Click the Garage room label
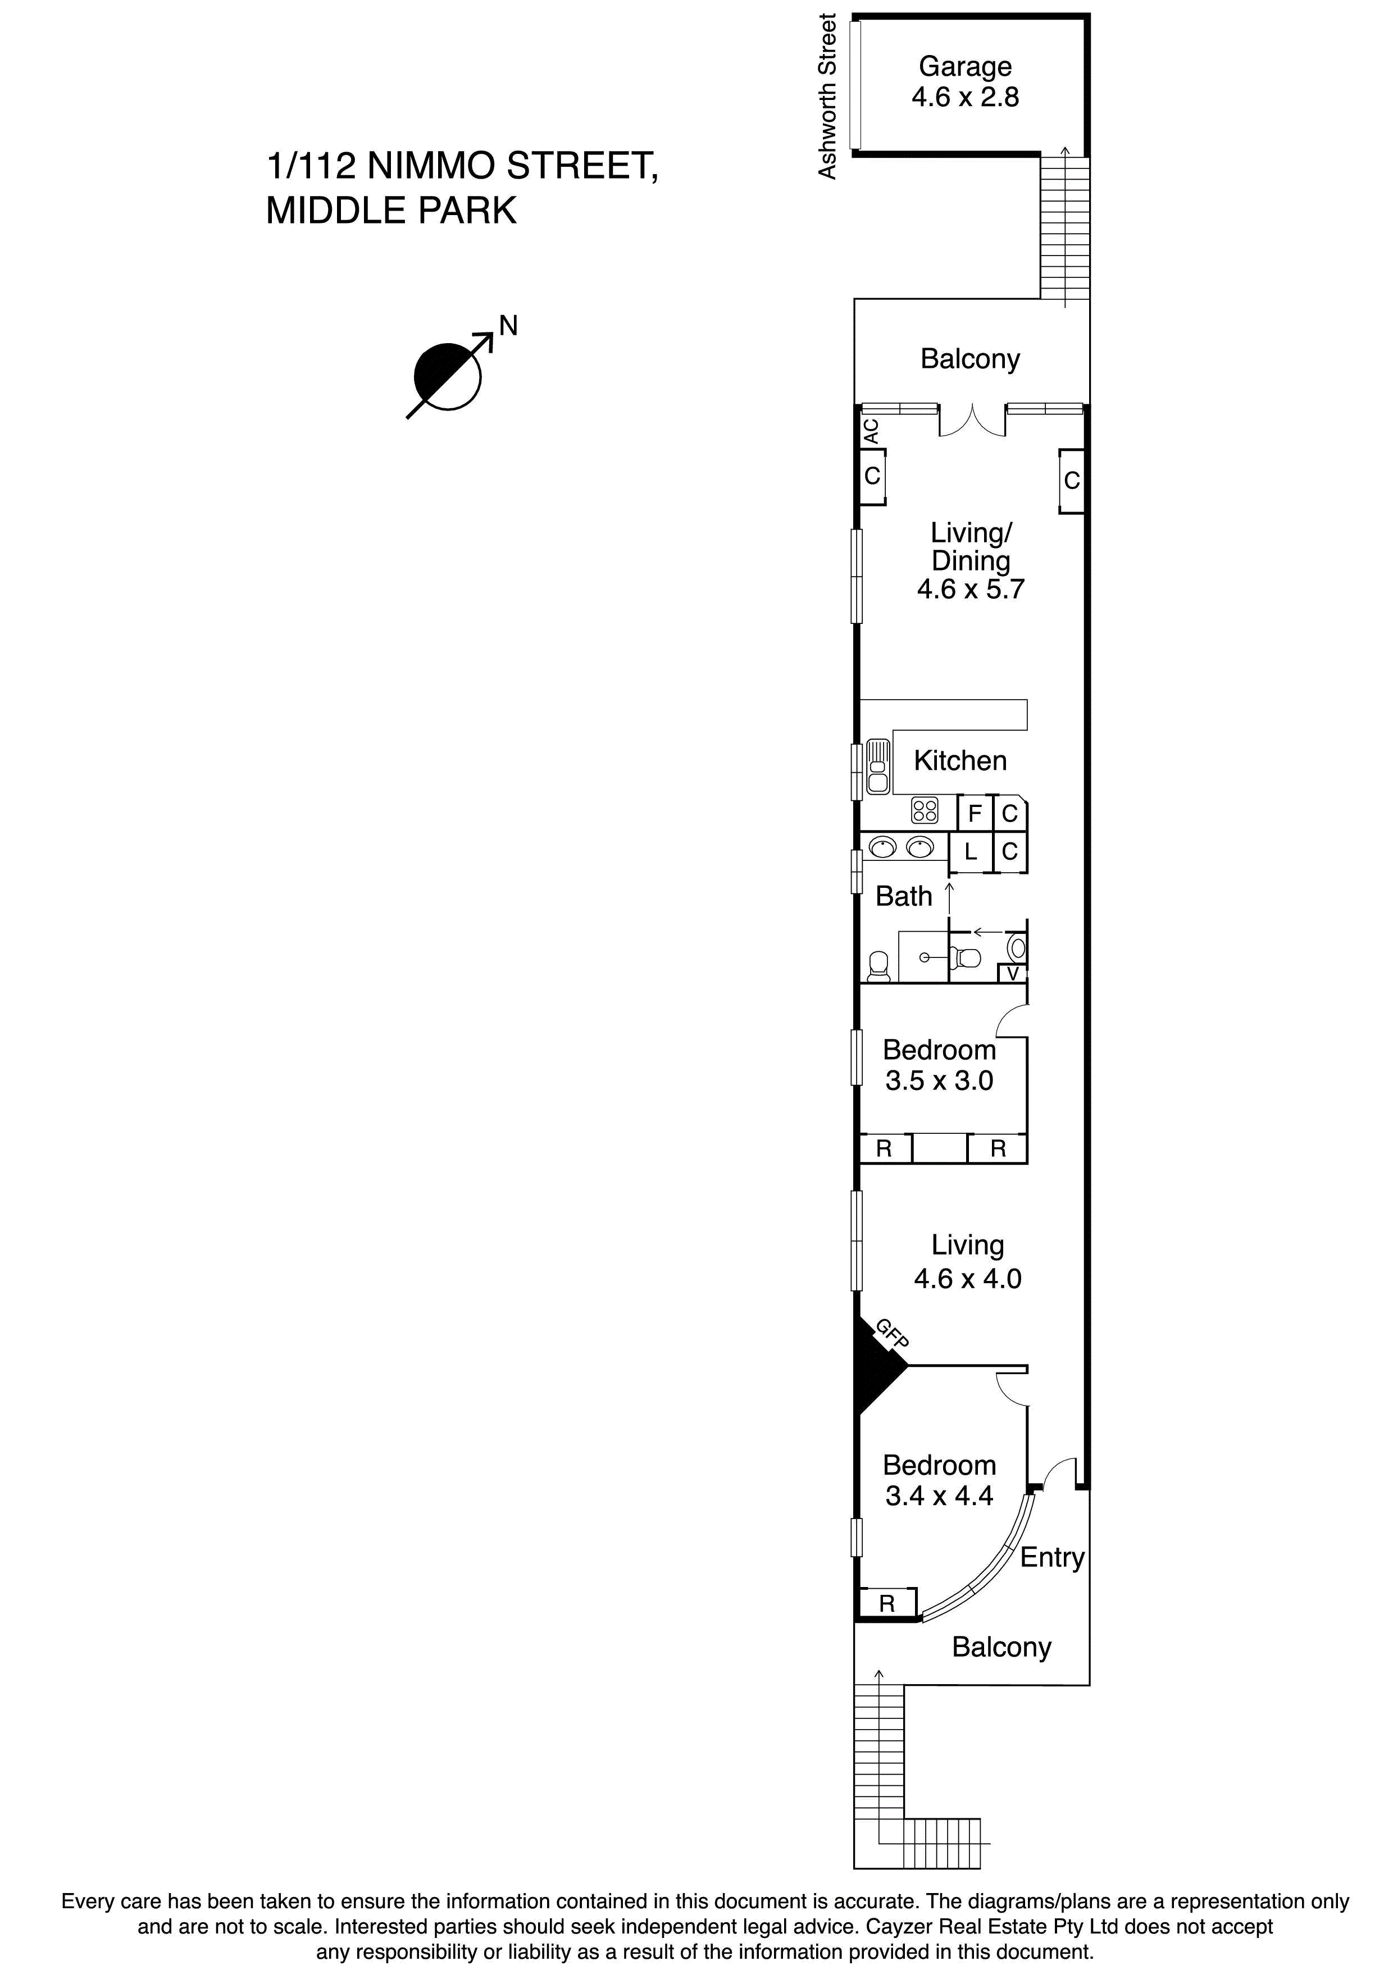(x=965, y=66)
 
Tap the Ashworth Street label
(x=827, y=96)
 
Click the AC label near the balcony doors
(x=871, y=431)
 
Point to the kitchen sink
(x=877, y=765)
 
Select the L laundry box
(x=971, y=852)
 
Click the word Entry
(x=1051, y=1557)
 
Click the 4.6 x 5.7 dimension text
(x=971, y=590)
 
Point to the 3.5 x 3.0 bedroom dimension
(x=939, y=1080)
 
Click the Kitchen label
(x=959, y=760)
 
